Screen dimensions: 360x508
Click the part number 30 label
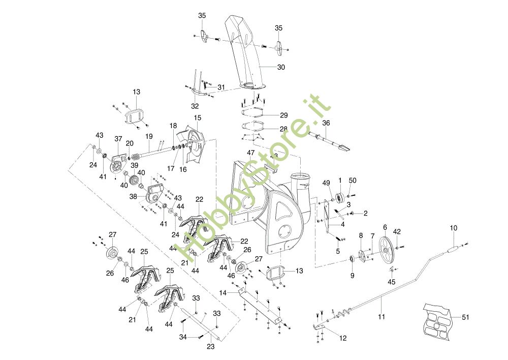tap(281, 67)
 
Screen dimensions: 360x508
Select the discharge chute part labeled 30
tap(247, 51)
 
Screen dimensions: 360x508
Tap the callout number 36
tap(326, 123)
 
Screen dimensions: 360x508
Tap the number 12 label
tap(343, 338)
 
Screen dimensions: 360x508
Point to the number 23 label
tap(211, 347)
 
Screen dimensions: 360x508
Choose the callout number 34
tap(182, 337)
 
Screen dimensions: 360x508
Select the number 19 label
tap(149, 136)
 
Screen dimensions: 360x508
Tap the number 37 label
tap(118, 138)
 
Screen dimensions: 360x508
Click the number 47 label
tap(250, 153)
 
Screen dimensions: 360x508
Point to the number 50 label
tap(353, 181)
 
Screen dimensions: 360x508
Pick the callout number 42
tap(397, 231)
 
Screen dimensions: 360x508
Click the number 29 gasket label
tap(283, 115)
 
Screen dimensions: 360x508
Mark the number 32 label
tap(195, 106)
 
